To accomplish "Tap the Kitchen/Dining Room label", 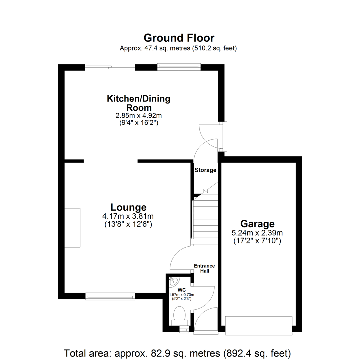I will [x=138, y=103].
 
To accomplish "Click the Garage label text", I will [x=257, y=223].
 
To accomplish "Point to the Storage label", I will [x=205, y=170].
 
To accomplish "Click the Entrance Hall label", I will [x=205, y=268].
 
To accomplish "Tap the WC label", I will [x=181, y=290].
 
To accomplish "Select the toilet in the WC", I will [x=180, y=315].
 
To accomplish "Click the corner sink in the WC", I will [x=174, y=280].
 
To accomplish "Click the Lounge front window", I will [x=110, y=296].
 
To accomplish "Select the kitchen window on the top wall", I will [x=179, y=67].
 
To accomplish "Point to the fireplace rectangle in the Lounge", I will [x=72, y=228].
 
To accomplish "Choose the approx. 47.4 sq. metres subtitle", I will [x=178, y=48].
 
